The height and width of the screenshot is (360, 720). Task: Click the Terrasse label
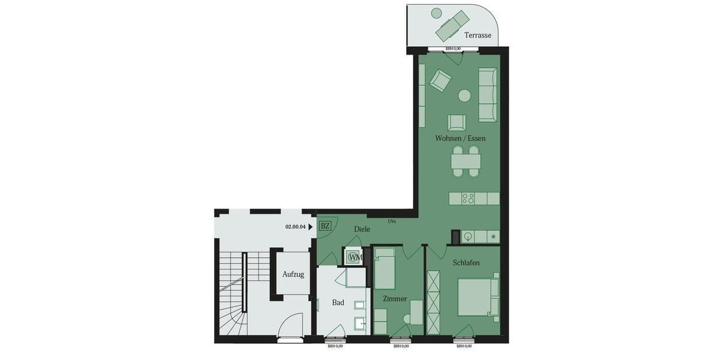click(478, 35)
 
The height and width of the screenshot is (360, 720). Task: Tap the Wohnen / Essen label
click(460, 139)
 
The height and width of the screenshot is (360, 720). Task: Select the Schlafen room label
click(466, 263)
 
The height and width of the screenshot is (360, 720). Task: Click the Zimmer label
click(395, 299)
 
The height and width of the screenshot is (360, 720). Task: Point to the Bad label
click(338, 302)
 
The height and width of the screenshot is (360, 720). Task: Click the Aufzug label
click(293, 274)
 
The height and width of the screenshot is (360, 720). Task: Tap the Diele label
click(362, 229)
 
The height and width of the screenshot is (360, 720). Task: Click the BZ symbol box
click(326, 226)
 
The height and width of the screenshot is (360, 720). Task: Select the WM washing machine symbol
click(355, 257)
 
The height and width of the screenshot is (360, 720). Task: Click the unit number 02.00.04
click(296, 227)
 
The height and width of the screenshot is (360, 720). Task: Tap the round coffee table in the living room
click(464, 95)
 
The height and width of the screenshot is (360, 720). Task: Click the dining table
click(466, 161)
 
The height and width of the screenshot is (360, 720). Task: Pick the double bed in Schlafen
click(478, 296)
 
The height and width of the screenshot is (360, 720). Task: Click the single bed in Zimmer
click(385, 271)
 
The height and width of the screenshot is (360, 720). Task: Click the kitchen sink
click(467, 236)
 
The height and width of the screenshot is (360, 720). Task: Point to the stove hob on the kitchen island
click(467, 198)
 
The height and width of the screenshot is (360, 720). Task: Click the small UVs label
click(391, 221)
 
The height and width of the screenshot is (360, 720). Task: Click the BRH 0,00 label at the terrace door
click(453, 49)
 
